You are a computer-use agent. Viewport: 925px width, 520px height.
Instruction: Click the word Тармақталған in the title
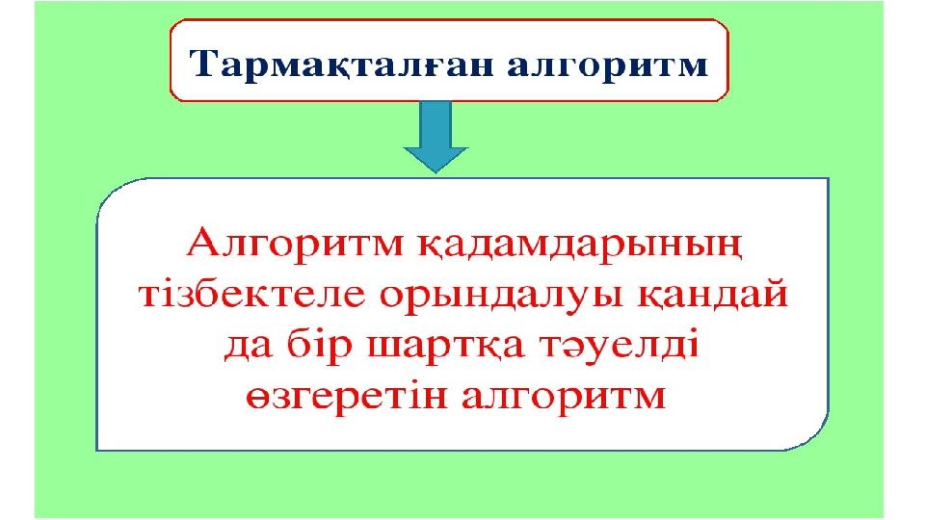pyautogui.click(x=341, y=64)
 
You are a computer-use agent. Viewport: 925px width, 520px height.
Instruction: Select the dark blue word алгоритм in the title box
pyautogui.click(x=608, y=65)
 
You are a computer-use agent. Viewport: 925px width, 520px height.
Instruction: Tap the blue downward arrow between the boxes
pyautogui.click(x=436, y=137)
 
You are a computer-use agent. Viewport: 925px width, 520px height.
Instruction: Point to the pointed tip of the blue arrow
pyautogui.click(x=436, y=172)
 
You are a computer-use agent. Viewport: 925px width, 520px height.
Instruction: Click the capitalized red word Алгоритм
pyautogui.click(x=295, y=243)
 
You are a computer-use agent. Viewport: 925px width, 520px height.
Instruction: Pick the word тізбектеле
pyautogui.click(x=252, y=294)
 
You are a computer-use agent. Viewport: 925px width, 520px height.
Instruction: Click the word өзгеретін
pyautogui.click(x=347, y=396)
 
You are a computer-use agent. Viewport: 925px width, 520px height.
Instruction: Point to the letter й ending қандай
pyautogui.click(x=773, y=294)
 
